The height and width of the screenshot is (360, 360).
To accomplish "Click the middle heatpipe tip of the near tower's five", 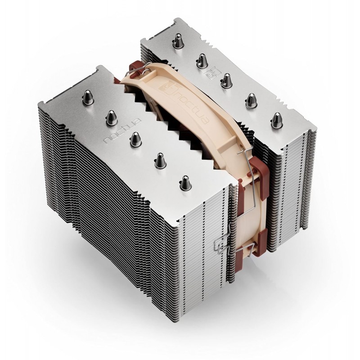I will [x=134, y=138].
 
